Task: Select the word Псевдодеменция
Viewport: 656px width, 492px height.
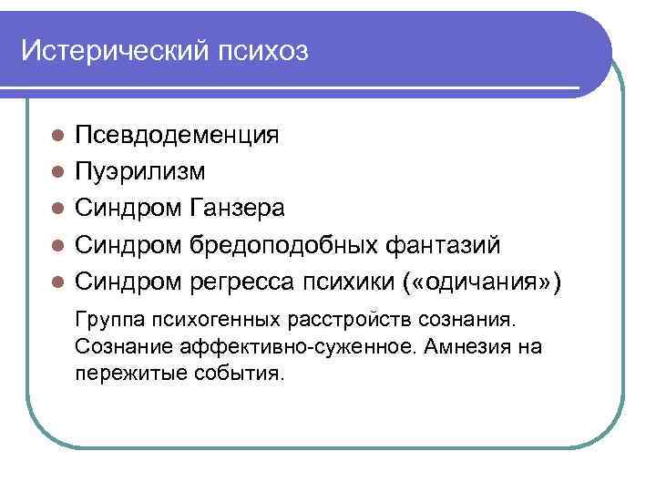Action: [177, 136]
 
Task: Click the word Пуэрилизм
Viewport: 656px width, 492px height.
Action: [140, 171]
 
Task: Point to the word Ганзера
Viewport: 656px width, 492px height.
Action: [237, 208]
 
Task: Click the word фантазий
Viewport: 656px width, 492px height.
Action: [437, 245]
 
